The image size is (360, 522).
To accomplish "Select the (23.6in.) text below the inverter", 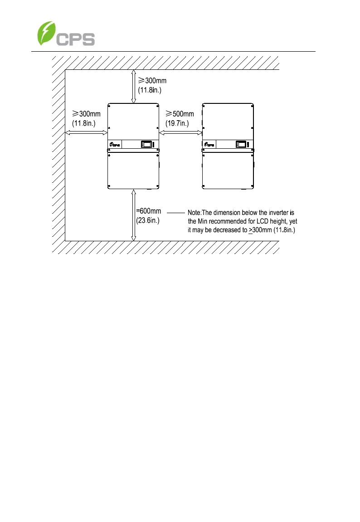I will (148, 220).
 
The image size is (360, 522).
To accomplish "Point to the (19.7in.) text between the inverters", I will (177, 123).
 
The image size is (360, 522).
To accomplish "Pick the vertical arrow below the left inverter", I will (133, 215).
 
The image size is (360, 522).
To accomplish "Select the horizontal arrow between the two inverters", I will (180, 132).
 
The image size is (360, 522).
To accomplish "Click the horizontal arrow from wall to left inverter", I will (86, 132).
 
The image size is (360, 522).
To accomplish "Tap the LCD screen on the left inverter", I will (147, 144).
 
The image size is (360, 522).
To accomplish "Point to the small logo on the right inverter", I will (210, 145).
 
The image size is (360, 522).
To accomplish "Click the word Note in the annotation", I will (194, 212).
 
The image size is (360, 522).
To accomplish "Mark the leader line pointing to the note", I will (176, 212).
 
